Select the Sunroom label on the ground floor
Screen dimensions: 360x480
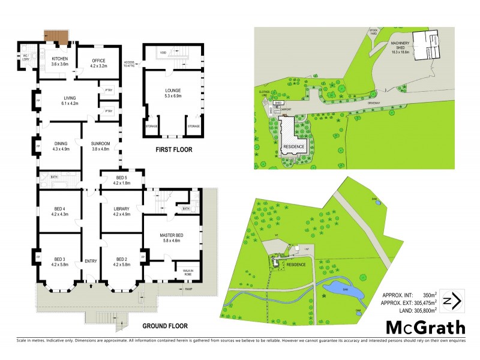(100, 146)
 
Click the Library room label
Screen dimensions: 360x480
(121, 211)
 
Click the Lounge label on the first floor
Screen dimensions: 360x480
(173, 94)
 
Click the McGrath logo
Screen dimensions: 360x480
(425, 327)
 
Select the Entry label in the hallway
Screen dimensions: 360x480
(91, 261)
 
